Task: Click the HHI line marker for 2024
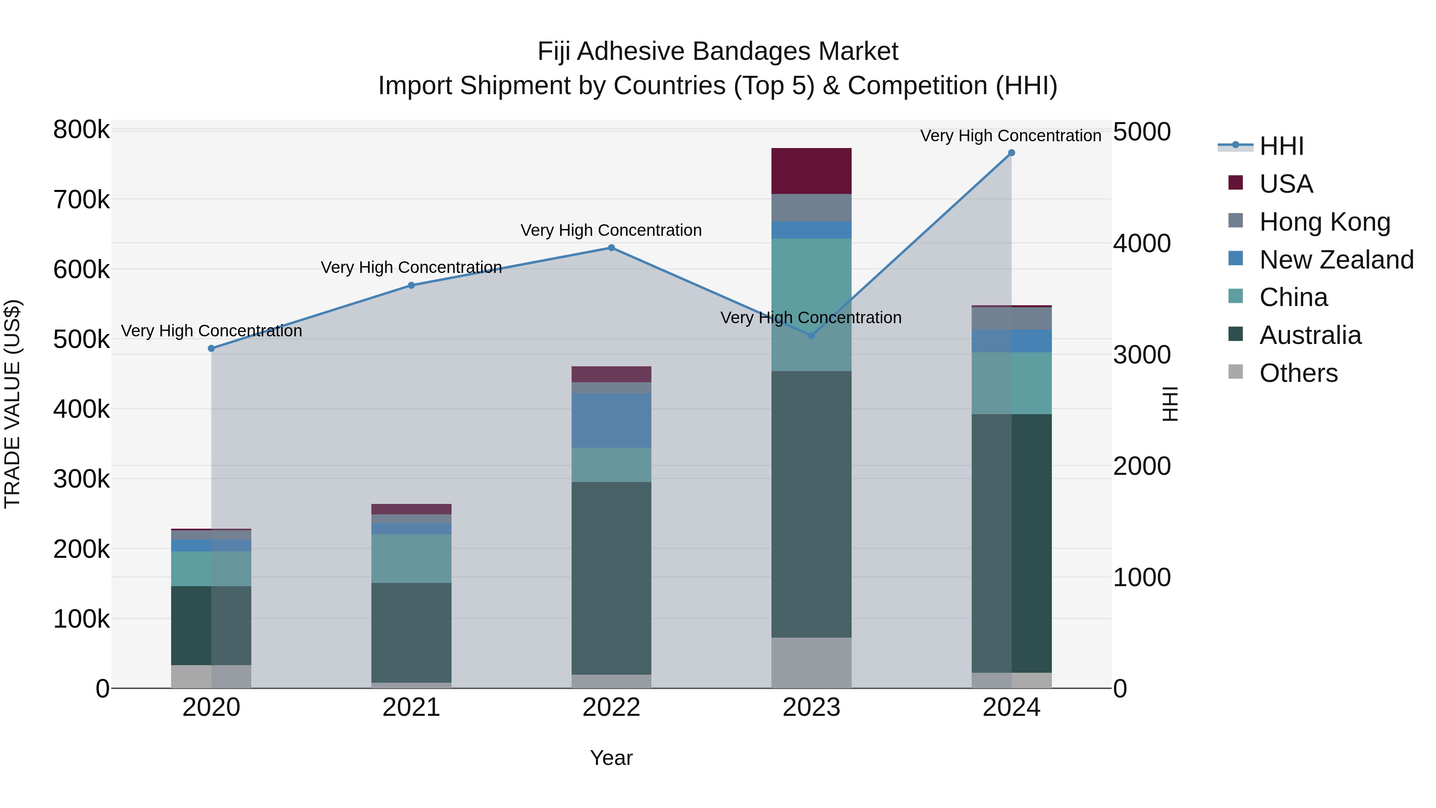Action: click(1011, 153)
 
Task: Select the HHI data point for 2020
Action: click(211, 348)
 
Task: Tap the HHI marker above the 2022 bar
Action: click(611, 248)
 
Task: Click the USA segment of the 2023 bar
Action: click(811, 171)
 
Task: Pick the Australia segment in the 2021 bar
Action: click(411, 632)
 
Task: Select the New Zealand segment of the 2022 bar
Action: click(611, 421)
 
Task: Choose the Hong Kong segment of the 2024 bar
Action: click(1011, 318)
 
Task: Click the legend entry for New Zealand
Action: click(1336, 260)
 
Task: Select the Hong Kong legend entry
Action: click(1324, 222)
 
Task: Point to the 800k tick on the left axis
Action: click(81, 130)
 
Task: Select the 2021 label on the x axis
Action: click(411, 707)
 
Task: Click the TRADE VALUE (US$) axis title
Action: click(13, 404)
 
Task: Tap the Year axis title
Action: click(611, 758)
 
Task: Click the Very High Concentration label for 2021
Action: click(411, 268)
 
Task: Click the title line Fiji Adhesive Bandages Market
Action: click(718, 51)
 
